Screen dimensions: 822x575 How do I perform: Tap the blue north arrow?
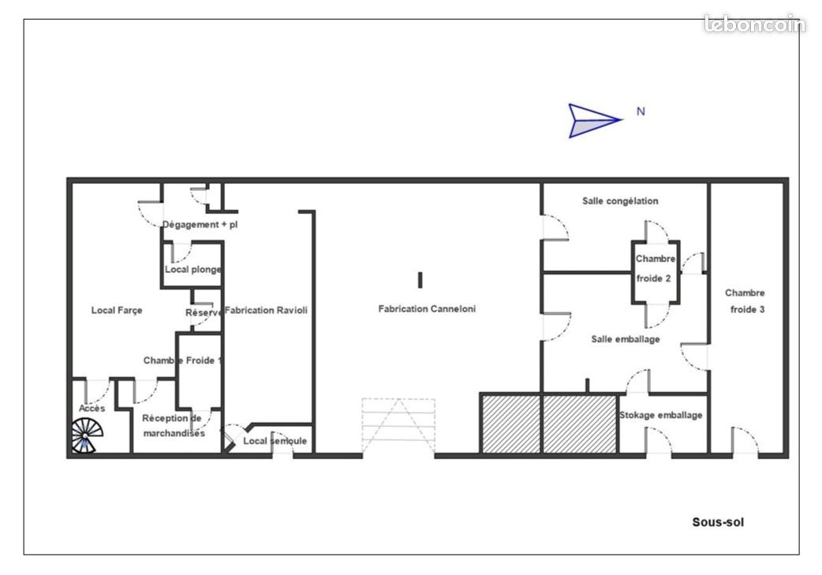tap(595, 121)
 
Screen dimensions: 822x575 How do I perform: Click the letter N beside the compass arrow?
tap(641, 111)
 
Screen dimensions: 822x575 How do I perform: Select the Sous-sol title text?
tap(718, 522)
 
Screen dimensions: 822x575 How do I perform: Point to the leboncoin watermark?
tap(754, 24)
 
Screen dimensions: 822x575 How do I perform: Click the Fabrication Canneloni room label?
tap(427, 308)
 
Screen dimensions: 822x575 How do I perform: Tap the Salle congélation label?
tap(620, 201)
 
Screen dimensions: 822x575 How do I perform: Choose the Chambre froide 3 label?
tap(745, 301)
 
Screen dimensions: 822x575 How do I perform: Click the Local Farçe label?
tap(117, 310)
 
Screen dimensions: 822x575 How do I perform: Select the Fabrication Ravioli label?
tap(266, 310)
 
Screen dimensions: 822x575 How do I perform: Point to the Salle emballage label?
tap(626, 339)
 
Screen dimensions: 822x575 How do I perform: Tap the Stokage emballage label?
tap(660, 415)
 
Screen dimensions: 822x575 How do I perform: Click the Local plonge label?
tap(193, 270)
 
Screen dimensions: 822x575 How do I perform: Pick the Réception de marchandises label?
tap(173, 426)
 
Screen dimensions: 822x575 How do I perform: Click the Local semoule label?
tap(275, 441)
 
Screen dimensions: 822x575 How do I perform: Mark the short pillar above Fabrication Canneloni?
tap(420, 280)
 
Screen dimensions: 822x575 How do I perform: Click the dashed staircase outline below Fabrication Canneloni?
tap(398, 426)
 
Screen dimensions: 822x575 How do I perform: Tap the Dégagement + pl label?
tap(200, 224)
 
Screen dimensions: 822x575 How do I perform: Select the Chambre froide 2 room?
tap(656, 272)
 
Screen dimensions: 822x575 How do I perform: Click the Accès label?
tap(92, 408)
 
